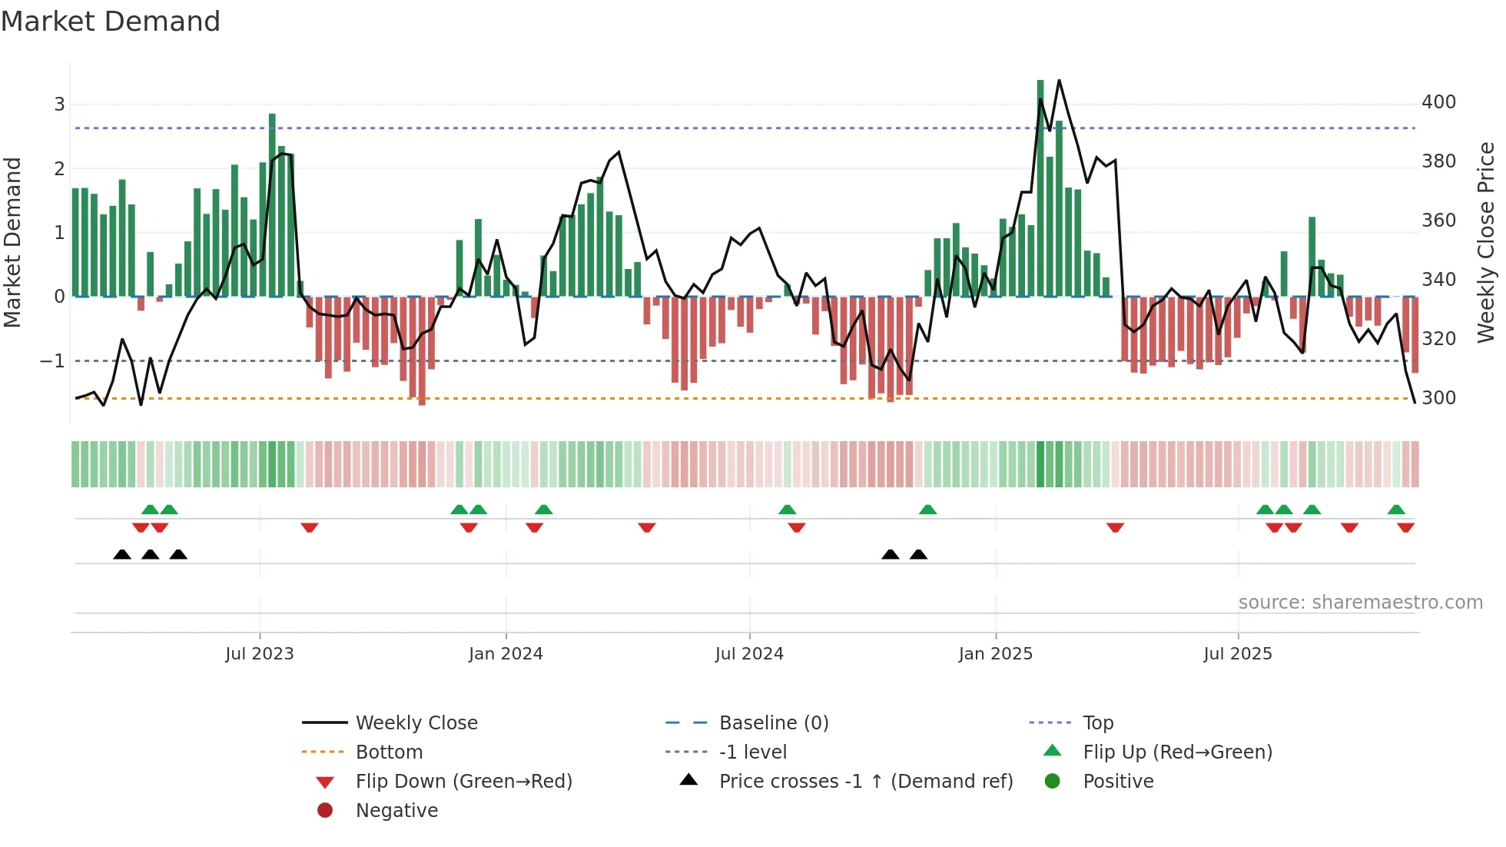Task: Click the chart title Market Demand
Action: click(x=111, y=22)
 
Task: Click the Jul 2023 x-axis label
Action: click(x=259, y=654)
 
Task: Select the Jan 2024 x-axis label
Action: click(x=506, y=654)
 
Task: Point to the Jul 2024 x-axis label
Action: click(x=749, y=654)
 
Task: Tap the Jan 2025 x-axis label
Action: click(x=996, y=654)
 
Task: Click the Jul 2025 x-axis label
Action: click(x=1238, y=654)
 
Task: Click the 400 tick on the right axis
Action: click(x=1438, y=102)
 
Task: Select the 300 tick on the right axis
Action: click(x=1438, y=398)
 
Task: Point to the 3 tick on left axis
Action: click(x=59, y=105)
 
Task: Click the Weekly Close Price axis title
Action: click(x=1486, y=242)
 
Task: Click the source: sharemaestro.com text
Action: click(x=1360, y=603)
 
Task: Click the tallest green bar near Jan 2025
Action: click(x=1040, y=188)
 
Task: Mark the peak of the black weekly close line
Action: click(x=1059, y=80)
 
